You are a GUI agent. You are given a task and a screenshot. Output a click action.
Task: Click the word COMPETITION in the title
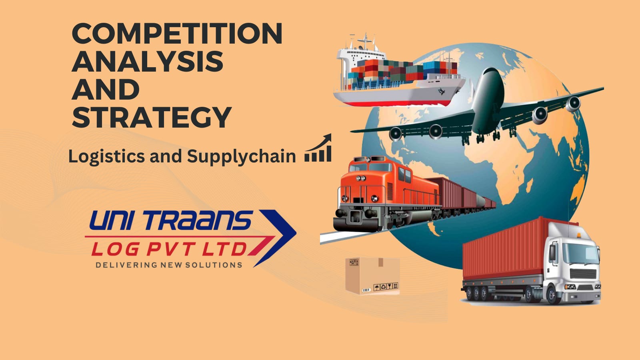click(177, 33)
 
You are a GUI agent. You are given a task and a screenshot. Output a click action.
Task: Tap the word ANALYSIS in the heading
click(148, 61)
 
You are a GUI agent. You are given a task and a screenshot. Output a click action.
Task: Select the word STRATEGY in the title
click(152, 117)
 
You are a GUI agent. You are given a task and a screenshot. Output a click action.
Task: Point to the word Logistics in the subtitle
click(106, 156)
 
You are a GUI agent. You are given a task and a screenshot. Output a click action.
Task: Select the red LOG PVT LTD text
click(169, 249)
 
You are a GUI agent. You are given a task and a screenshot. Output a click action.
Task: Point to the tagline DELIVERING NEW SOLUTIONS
click(169, 265)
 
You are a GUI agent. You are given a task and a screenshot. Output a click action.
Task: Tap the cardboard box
click(372, 276)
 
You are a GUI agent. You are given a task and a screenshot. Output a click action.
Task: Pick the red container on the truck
click(506, 248)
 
